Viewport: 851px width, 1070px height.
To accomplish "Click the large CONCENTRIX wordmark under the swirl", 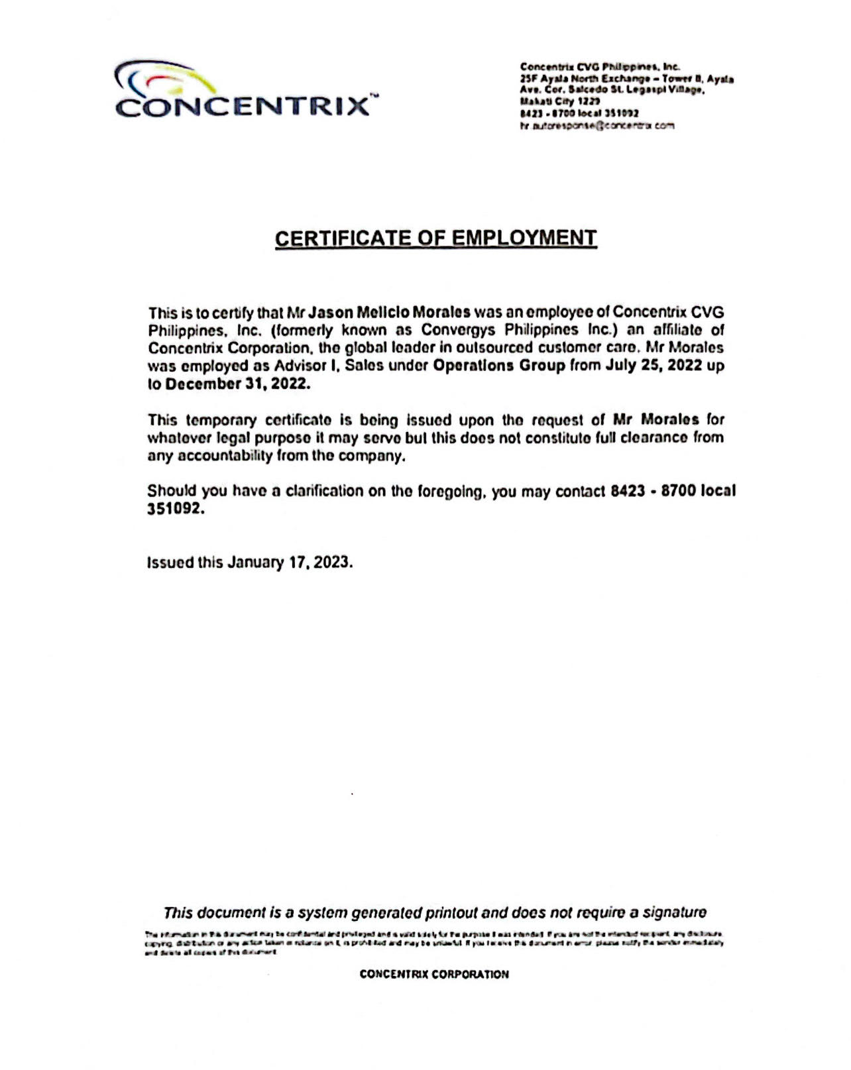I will tap(243, 107).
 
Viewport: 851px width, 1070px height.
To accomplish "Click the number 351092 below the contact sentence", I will tap(173, 509).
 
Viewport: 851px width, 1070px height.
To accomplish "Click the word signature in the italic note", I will tap(673, 912).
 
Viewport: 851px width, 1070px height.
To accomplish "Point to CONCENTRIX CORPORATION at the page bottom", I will tap(434, 974).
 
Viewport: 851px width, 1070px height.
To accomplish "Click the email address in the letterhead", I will tap(596, 125).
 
